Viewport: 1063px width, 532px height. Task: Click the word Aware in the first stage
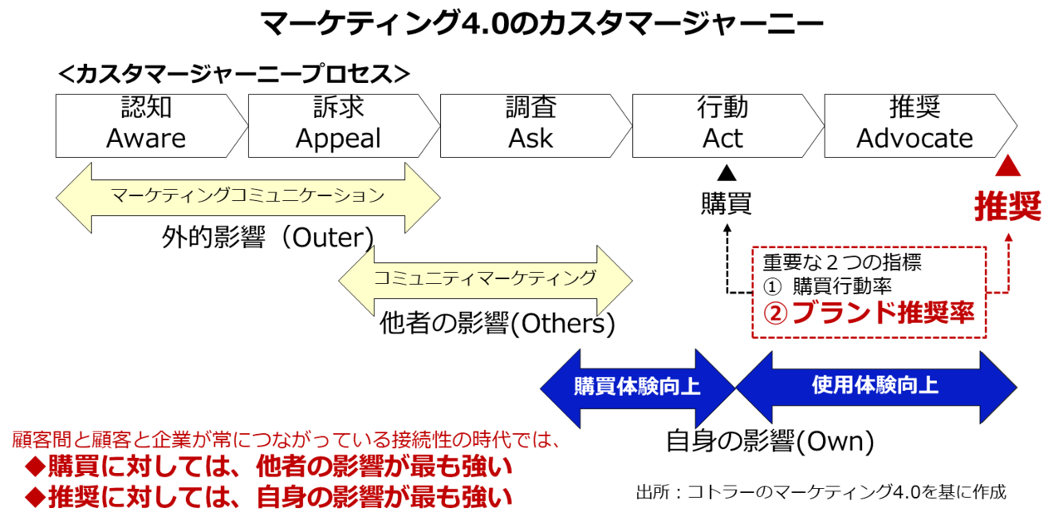(x=146, y=138)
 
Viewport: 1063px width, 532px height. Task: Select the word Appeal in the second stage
(x=338, y=138)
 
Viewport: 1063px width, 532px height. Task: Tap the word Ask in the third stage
(x=531, y=138)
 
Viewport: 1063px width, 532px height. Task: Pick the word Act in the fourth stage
(x=723, y=138)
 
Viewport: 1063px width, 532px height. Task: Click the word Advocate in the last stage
(x=914, y=138)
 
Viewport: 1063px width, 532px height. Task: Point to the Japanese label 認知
(x=146, y=108)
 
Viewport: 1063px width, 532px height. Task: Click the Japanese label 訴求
(x=338, y=108)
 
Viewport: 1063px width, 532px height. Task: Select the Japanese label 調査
(x=531, y=108)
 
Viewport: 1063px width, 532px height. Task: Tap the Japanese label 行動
(x=723, y=108)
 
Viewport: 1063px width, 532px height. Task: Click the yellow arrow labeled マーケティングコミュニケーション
(x=247, y=197)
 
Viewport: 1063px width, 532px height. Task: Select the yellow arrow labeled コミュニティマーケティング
(x=485, y=279)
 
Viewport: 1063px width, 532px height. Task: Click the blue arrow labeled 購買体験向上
(x=637, y=388)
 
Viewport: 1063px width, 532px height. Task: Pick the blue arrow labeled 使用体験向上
(x=875, y=386)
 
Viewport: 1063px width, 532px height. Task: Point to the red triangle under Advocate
(x=1007, y=168)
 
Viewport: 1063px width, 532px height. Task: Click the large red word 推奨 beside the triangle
(x=1007, y=206)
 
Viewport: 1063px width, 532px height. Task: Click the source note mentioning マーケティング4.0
(x=821, y=493)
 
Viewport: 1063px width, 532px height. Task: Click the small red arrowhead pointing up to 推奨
(x=1008, y=237)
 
